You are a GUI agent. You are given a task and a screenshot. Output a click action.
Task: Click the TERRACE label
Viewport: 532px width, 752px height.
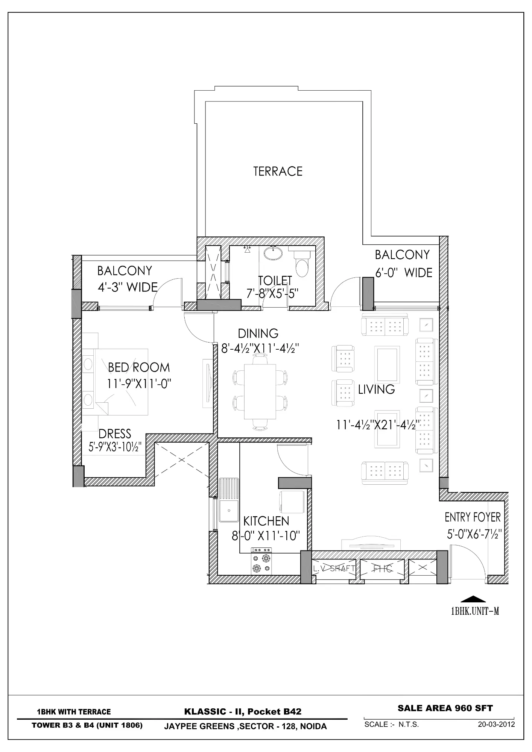tap(278, 171)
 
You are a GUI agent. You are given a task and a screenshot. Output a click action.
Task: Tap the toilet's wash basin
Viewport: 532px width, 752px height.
tap(273, 253)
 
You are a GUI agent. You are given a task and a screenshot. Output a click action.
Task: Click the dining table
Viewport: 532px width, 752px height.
tap(260, 391)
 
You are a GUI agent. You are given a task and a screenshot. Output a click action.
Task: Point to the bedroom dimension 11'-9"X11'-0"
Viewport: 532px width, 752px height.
tap(139, 384)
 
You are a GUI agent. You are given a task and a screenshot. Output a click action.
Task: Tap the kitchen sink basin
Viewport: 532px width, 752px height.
tap(228, 511)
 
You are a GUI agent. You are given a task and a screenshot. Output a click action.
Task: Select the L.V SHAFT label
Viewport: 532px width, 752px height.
tap(334, 569)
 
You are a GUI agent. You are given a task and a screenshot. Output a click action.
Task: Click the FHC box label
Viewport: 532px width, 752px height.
tap(382, 569)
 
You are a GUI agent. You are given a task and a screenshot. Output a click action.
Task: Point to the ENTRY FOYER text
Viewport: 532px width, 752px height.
tap(473, 517)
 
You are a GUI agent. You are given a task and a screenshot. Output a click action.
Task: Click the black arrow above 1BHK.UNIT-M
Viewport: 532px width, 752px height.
tap(473, 599)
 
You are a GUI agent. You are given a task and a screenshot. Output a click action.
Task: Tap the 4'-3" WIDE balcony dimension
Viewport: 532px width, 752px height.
tap(128, 287)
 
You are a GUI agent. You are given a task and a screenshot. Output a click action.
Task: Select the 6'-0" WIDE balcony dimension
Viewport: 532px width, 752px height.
tap(404, 273)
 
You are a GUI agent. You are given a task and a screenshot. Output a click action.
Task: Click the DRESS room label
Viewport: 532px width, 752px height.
tap(115, 434)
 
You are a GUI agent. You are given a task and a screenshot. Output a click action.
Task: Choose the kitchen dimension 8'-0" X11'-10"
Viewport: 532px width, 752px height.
tap(266, 535)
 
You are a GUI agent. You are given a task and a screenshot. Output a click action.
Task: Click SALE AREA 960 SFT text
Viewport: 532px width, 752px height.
tap(445, 708)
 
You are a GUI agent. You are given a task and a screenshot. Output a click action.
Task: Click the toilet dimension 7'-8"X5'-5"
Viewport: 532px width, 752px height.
tap(272, 293)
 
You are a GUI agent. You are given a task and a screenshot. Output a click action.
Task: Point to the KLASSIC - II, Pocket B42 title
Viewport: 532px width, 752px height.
tap(243, 711)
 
